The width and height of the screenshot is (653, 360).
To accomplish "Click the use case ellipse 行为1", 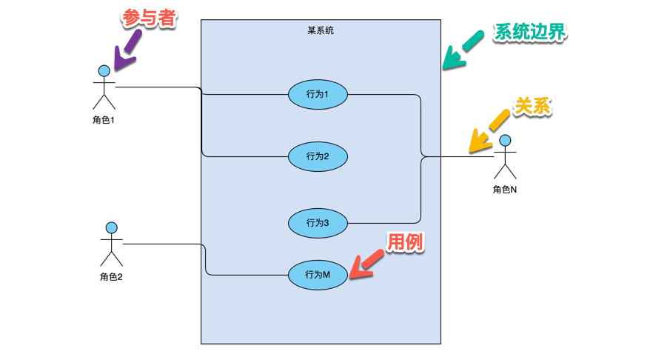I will pyautogui.click(x=318, y=94).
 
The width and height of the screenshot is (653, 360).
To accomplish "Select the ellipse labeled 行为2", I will pyautogui.click(x=318, y=156).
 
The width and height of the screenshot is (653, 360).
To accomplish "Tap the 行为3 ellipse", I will pyautogui.click(x=318, y=222).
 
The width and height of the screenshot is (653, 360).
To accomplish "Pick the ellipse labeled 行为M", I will pyautogui.click(x=318, y=275).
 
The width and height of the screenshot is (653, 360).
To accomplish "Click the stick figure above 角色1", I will pyautogui.click(x=104, y=87).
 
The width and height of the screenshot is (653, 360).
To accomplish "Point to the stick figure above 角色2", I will pyautogui.click(x=111, y=244).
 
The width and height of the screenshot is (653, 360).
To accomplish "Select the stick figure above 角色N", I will pyautogui.click(x=505, y=156).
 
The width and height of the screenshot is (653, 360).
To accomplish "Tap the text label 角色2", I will pyautogui.click(x=111, y=277).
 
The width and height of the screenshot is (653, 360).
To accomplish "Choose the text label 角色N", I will pyautogui.click(x=505, y=190).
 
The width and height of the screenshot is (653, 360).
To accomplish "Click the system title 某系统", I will pyautogui.click(x=321, y=30).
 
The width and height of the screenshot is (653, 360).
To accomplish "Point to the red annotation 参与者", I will pyautogui.click(x=149, y=19).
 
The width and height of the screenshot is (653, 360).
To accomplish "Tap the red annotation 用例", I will pyautogui.click(x=406, y=241).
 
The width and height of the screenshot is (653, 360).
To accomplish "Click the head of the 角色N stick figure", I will pyautogui.click(x=505, y=140).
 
